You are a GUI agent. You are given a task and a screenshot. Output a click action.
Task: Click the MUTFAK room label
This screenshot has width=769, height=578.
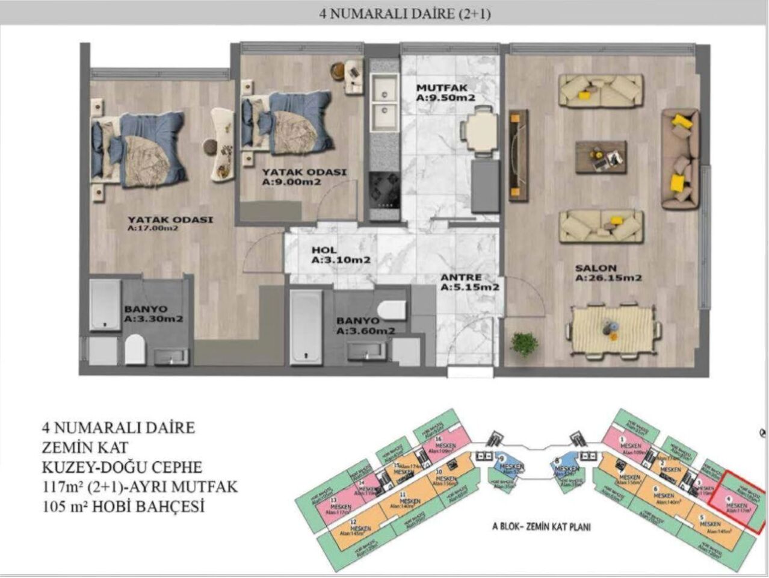click(438, 87)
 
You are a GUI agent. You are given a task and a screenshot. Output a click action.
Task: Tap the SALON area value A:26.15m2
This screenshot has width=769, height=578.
click(608, 279)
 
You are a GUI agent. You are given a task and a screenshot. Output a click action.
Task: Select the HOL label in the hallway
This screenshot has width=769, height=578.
click(324, 250)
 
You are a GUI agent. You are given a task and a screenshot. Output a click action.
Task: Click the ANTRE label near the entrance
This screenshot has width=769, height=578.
click(461, 278)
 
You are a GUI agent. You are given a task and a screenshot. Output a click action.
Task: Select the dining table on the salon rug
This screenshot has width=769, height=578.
click(612, 329)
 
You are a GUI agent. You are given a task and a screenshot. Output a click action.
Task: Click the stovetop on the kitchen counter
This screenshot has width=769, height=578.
click(384, 188)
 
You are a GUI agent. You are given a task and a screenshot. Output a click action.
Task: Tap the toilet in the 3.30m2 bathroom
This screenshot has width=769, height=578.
click(135, 350)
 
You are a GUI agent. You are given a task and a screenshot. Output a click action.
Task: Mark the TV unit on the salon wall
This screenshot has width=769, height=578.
click(518, 155)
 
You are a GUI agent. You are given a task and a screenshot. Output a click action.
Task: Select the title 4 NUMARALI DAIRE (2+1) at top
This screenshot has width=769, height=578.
click(404, 13)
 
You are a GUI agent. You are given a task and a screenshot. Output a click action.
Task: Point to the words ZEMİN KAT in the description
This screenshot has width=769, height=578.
click(85, 447)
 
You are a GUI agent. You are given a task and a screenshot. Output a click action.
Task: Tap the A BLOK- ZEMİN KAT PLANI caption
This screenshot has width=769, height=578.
click(541, 527)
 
